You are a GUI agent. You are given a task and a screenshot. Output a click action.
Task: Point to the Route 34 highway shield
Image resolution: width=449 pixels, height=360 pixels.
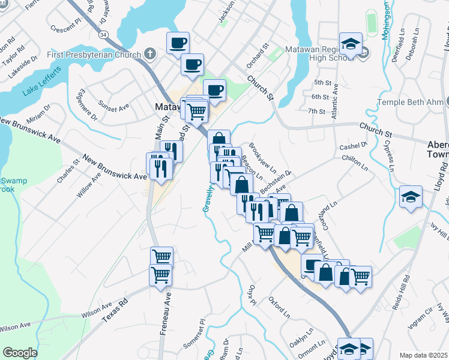point(104,35)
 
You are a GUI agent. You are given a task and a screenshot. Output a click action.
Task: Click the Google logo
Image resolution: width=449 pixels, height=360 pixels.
point(20,353)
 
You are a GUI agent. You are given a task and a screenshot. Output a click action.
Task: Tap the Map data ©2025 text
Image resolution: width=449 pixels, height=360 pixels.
point(424,355)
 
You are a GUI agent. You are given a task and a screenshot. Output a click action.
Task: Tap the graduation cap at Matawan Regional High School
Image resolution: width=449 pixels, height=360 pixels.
point(351,43)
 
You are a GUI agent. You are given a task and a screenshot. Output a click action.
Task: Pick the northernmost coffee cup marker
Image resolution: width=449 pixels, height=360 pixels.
point(177,43)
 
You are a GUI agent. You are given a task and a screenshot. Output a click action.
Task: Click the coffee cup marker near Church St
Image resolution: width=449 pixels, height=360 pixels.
point(214,90)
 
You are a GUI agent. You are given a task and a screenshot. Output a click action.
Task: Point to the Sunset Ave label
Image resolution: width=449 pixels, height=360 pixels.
point(114,107)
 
